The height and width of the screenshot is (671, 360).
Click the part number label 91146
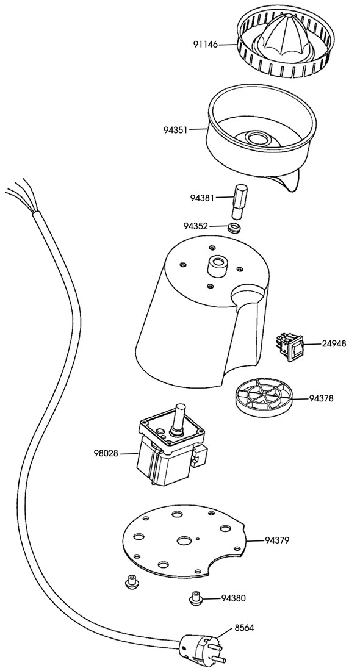pyautogui.click(x=206, y=44)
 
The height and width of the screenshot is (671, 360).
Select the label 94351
pyautogui.click(x=176, y=129)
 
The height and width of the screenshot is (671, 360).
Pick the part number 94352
pyautogui.click(x=196, y=226)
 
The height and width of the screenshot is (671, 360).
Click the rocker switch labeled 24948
pyautogui.click(x=290, y=346)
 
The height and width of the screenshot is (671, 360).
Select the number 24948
pyautogui.click(x=334, y=343)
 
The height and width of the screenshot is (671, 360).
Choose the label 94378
pyautogui.click(x=321, y=398)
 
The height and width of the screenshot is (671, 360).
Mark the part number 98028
pyautogui.click(x=106, y=453)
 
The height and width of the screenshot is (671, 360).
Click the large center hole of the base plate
pyautogui.click(x=185, y=540)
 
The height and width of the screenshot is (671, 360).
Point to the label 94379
pyautogui.click(x=277, y=540)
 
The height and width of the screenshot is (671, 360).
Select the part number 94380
pyautogui.click(x=234, y=598)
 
